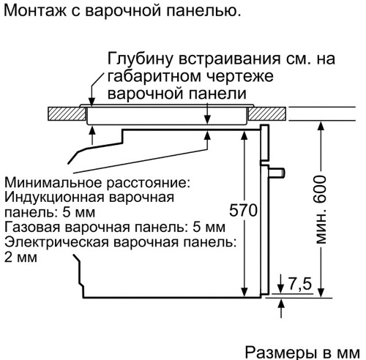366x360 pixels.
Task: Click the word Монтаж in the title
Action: pos(35,10)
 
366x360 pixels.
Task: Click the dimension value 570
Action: pos(243,210)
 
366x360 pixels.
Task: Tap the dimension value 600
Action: pos(321,190)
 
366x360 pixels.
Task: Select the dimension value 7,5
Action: pos(300,283)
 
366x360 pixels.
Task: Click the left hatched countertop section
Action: pos(67,113)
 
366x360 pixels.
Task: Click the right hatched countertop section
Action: pos(267,113)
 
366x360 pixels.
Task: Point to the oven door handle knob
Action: pos(277,172)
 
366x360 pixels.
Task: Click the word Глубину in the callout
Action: pos(140,59)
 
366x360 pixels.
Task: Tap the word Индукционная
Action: pos(54,198)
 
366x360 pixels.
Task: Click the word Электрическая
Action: pos(56,242)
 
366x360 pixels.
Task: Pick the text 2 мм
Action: pos(20,258)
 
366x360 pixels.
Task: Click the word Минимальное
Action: pos(53,183)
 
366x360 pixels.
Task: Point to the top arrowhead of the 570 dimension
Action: pos(244,135)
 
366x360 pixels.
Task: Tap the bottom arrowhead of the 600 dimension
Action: pos(321,293)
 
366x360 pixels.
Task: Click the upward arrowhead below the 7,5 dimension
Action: pos(282,304)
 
